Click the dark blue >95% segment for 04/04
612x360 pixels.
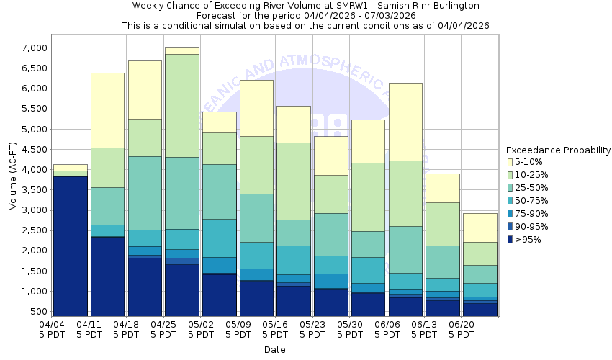click(71, 245)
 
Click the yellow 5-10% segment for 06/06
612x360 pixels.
click(405, 122)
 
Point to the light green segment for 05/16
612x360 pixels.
click(293, 181)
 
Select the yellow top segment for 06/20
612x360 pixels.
click(480, 228)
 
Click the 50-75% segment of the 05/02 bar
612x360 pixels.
click(219, 238)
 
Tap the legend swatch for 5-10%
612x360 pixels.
click(510, 162)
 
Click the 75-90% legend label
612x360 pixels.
click(532, 214)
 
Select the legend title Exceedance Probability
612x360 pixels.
click(558, 150)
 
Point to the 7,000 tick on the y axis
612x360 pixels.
click(33, 48)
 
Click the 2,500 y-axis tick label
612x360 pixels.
click(33, 230)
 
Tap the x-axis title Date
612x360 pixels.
click(274, 350)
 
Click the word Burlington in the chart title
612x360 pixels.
click(453, 6)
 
